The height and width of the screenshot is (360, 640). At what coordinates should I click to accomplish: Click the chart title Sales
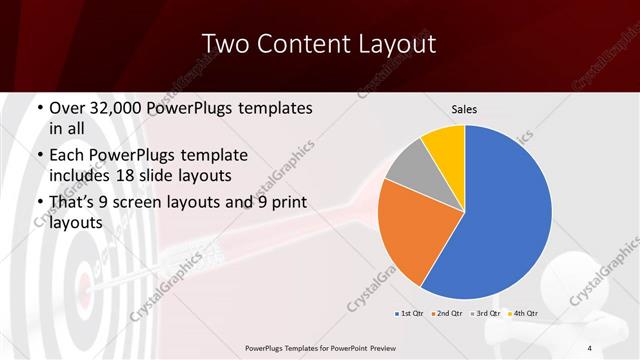pos(463,108)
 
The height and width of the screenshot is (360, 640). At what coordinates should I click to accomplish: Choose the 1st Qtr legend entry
pos(410,314)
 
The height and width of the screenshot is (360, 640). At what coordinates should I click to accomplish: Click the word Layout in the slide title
pos(391,43)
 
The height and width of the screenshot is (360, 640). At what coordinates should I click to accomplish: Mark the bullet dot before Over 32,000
pos(39,107)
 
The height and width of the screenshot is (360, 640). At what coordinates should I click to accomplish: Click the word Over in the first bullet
pos(67,107)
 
